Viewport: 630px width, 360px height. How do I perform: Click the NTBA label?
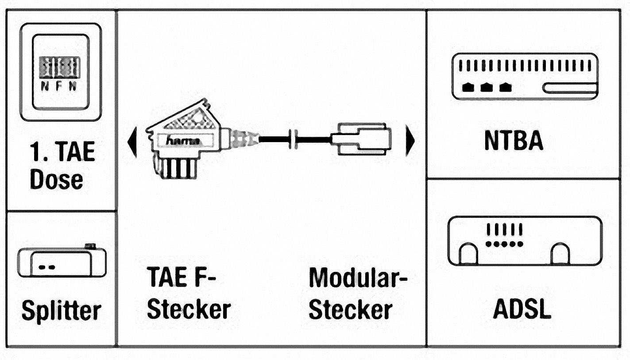pyautogui.click(x=514, y=141)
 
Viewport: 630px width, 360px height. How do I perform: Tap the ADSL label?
pyautogui.click(x=522, y=310)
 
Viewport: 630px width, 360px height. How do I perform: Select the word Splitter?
pyautogui.click(x=61, y=311)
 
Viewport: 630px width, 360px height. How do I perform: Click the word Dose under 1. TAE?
pyautogui.click(x=56, y=180)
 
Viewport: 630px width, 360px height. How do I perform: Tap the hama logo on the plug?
pyautogui.click(x=182, y=141)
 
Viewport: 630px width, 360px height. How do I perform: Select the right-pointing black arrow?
pyautogui.click(x=410, y=141)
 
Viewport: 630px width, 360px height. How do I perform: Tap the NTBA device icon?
pyautogui.click(x=525, y=77)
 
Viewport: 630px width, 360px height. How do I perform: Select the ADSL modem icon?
pyautogui.click(x=525, y=241)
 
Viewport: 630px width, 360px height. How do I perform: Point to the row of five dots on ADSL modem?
pyautogui.click(x=504, y=244)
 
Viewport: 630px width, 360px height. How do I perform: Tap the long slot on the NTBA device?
pyautogui.click(x=570, y=88)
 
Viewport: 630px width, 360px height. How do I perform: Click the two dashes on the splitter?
pyautogui.click(x=46, y=267)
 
